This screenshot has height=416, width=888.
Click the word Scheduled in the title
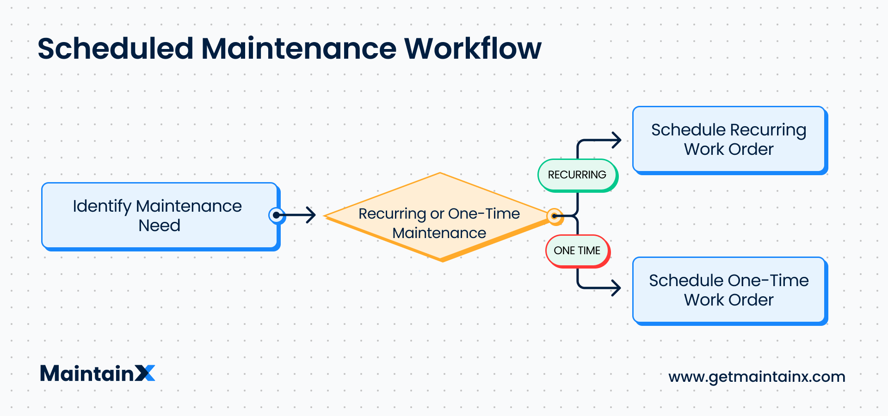115,49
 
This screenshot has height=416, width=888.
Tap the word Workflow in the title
472,49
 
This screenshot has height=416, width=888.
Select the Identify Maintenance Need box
159,216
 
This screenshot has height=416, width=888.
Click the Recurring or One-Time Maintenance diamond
439,217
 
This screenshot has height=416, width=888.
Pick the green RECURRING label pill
577,175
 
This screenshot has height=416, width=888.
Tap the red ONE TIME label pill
577,251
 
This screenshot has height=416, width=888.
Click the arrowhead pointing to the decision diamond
311,215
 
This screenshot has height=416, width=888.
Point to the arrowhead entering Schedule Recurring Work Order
617,140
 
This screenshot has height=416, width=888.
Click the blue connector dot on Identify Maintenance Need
277,215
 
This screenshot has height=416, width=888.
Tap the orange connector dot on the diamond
554,216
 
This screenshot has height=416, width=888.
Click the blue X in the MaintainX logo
145,373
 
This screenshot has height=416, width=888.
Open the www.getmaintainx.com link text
757,377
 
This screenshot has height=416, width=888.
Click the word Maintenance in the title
299,49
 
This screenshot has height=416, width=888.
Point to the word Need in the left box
159,226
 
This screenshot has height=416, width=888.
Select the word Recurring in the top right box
768,130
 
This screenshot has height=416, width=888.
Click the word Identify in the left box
102,206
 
